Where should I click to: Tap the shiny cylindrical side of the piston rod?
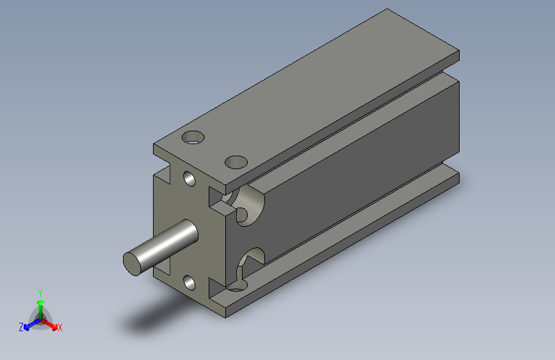[166, 242]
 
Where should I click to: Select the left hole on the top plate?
[193, 137]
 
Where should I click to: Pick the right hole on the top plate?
[236, 161]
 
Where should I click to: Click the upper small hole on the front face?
[189, 178]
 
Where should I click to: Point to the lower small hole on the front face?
[189, 281]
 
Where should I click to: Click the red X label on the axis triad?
[60, 328]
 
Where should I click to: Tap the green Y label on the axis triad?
[40, 291]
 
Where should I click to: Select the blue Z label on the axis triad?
[21, 327]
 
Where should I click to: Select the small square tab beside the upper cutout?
[221, 208]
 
